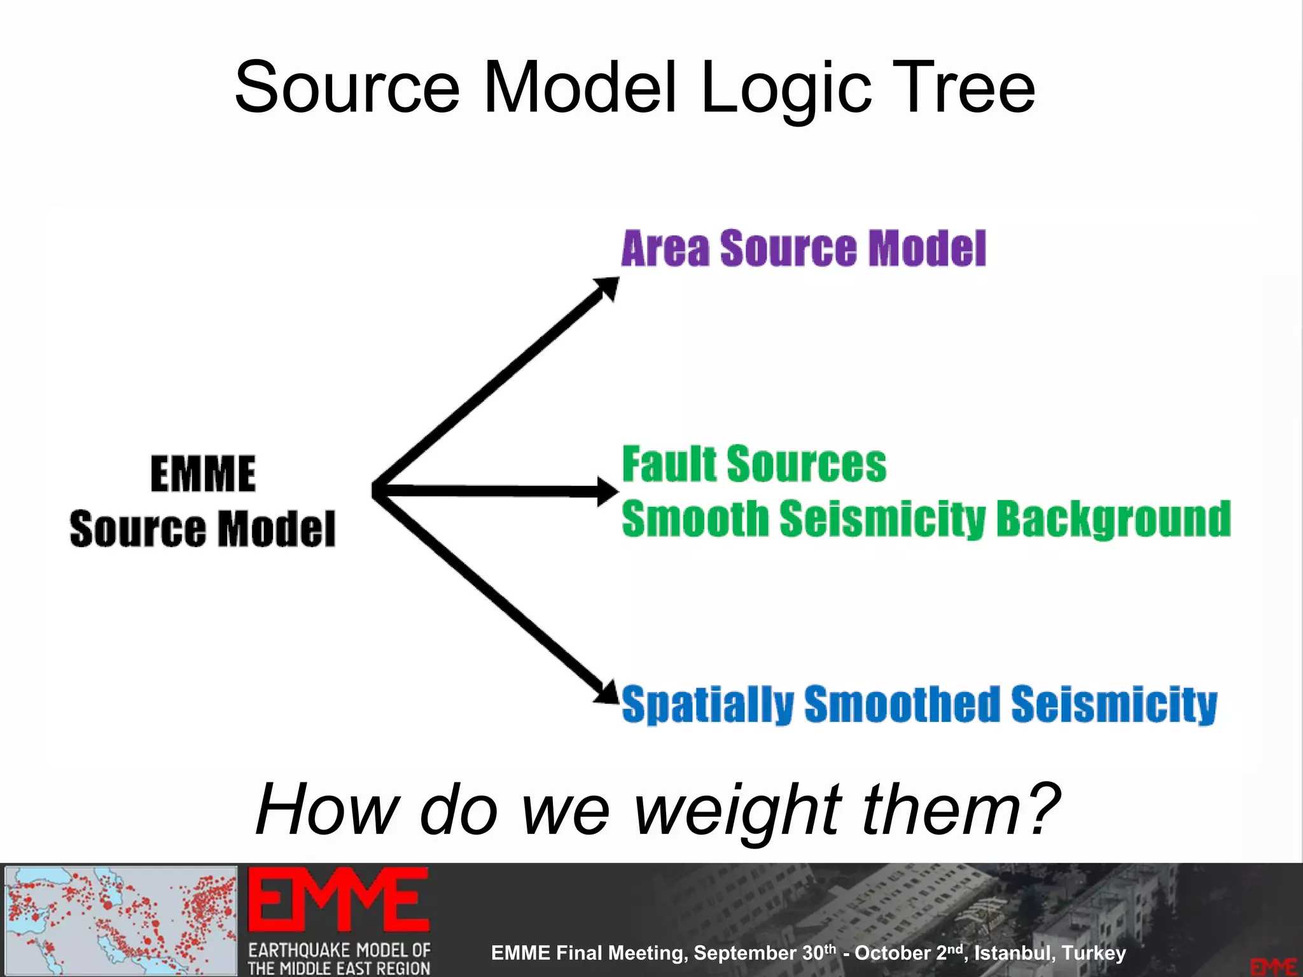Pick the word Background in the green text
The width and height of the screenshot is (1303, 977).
[x=1113, y=519]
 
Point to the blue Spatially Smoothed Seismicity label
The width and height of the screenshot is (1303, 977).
[x=919, y=704]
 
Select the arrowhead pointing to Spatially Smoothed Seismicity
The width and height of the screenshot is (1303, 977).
[x=607, y=693]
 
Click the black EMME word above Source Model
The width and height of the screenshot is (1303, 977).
[x=203, y=474]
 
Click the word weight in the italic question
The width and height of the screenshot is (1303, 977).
[x=738, y=810]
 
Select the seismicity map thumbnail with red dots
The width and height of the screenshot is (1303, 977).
[x=121, y=920]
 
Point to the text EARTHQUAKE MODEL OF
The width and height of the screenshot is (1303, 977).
[x=339, y=950]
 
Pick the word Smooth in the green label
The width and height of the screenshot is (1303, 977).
[x=695, y=519]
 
